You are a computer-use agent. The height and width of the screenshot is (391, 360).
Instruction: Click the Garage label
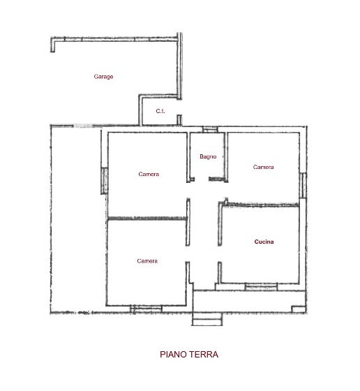(x=103, y=77)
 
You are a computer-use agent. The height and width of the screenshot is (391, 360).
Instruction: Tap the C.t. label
(x=160, y=111)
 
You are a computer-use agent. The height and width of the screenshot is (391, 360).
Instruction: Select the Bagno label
(x=208, y=156)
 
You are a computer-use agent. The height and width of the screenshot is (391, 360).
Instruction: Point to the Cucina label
(x=264, y=242)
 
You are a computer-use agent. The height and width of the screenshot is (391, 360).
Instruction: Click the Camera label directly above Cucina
(x=263, y=167)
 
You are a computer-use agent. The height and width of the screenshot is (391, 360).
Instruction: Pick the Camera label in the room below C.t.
(x=149, y=174)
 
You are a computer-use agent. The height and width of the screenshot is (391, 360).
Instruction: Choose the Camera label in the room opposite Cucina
(x=147, y=261)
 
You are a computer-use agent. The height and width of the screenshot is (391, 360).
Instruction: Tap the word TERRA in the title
(x=204, y=355)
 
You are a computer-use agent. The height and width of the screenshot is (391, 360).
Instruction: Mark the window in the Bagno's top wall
(x=210, y=129)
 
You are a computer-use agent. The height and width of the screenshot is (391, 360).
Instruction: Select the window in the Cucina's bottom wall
(x=261, y=287)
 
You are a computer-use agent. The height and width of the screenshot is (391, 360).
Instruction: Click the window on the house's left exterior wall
(x=104, y=181)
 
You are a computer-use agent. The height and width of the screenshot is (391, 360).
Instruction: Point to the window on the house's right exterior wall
(x=303, y=185)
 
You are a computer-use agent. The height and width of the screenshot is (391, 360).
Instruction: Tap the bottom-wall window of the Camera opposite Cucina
(x=146, y=309)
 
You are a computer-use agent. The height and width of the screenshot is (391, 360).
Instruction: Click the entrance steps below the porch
(x=207, y=319)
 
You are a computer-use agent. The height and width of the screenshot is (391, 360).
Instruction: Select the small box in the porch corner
(x=299, y=309)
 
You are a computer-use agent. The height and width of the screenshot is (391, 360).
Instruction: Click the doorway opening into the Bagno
(x=202, y=179)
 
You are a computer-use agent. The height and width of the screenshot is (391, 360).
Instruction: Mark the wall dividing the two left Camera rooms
(x=147, y=219)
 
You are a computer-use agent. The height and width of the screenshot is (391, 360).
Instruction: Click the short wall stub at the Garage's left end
(x=52, y=45)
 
